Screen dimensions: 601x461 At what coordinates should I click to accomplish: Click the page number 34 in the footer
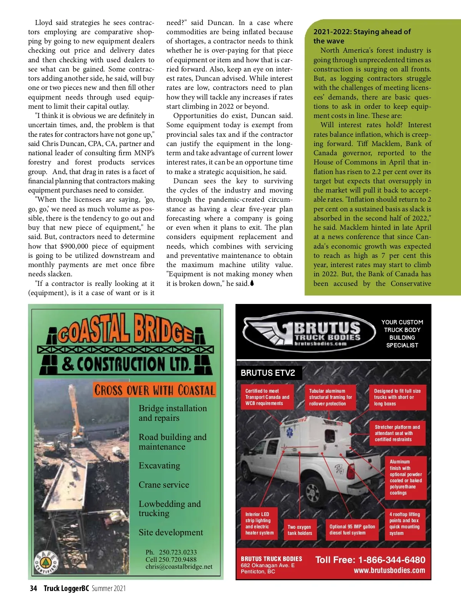33,588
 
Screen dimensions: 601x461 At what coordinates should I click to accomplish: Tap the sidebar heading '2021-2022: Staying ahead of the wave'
362,36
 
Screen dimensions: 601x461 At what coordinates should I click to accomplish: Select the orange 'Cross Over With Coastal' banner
154,390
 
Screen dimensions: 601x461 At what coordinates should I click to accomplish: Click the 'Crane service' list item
164,485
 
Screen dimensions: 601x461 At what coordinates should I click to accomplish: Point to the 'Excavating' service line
159,466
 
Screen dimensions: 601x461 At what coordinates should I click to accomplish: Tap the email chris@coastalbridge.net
179,566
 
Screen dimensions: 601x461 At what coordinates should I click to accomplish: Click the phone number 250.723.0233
178,552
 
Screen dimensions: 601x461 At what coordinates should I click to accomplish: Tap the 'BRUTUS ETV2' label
268,373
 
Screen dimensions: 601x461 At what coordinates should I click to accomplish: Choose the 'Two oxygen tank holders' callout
300,530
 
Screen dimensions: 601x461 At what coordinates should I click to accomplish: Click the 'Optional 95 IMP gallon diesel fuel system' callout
352,530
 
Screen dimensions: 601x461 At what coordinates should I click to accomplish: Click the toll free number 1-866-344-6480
391,560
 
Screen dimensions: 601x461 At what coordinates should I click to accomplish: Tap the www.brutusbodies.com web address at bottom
389,571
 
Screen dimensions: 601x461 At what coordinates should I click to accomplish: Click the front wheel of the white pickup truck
312,491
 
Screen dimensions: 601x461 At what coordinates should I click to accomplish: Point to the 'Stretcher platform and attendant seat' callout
397,433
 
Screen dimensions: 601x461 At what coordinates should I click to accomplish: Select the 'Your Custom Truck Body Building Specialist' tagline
402,334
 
